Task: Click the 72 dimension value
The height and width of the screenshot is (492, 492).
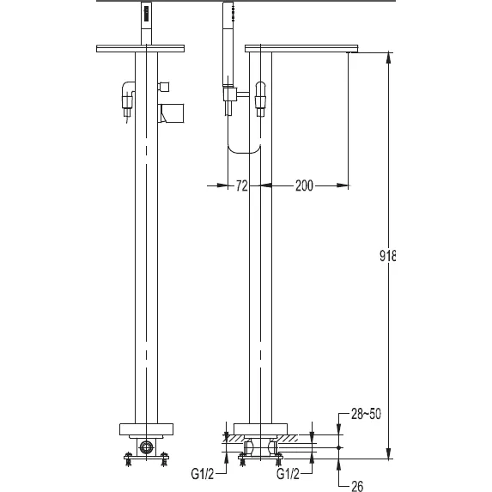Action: pyautogui.click(x=241, y=185)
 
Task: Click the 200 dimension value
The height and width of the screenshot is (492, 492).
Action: pyautogui.click(x=304, y=185)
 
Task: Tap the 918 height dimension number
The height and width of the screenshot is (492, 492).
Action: pyautogui.click(x=387, y=256)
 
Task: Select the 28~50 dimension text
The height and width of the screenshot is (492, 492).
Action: pyautogui.click(x=366, y=414)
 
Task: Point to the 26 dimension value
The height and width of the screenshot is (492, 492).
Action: pyautogui.click(x=357, y=486)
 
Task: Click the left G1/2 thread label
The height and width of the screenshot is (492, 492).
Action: pyautogui.click(x=202, y=474)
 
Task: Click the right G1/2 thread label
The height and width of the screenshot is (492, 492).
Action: pyautogui.click(x=288, y=474)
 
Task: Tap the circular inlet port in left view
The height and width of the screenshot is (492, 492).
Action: pyautogui.click(x=146, y=446)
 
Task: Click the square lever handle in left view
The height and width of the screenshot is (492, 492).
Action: pyautogui.click(x=172, y=113)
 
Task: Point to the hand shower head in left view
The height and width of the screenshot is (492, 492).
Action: pyautogui.click(x=146, y=22)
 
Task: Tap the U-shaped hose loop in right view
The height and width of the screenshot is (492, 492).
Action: pyautogui.click(x=244, y=149)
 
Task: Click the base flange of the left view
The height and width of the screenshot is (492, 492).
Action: pyautogui.click(x=146, y=429)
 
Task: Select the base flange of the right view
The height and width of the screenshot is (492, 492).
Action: pyautogui.click(x=260, y=429)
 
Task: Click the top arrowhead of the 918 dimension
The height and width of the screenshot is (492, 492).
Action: pyautogui.click(x=388, y=57)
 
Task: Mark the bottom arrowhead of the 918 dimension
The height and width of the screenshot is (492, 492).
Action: pyautogui.click(x=388, y=453)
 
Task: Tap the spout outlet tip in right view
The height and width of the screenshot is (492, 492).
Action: pyautogui.click(x=348, y=52)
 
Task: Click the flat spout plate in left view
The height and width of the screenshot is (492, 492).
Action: pyautogui.click(x=140, y=49)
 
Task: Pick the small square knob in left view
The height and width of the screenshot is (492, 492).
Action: pyautogui.click(x=164, y=86)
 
